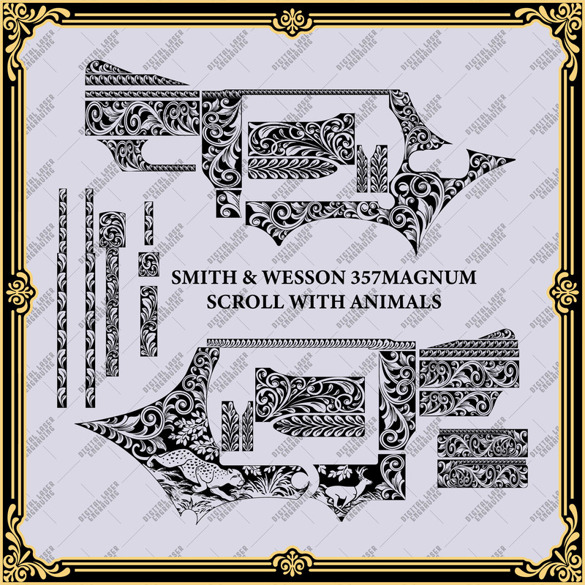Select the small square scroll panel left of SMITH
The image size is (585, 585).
[x=149, y=265]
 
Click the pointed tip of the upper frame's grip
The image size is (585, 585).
[x=512, y=161]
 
